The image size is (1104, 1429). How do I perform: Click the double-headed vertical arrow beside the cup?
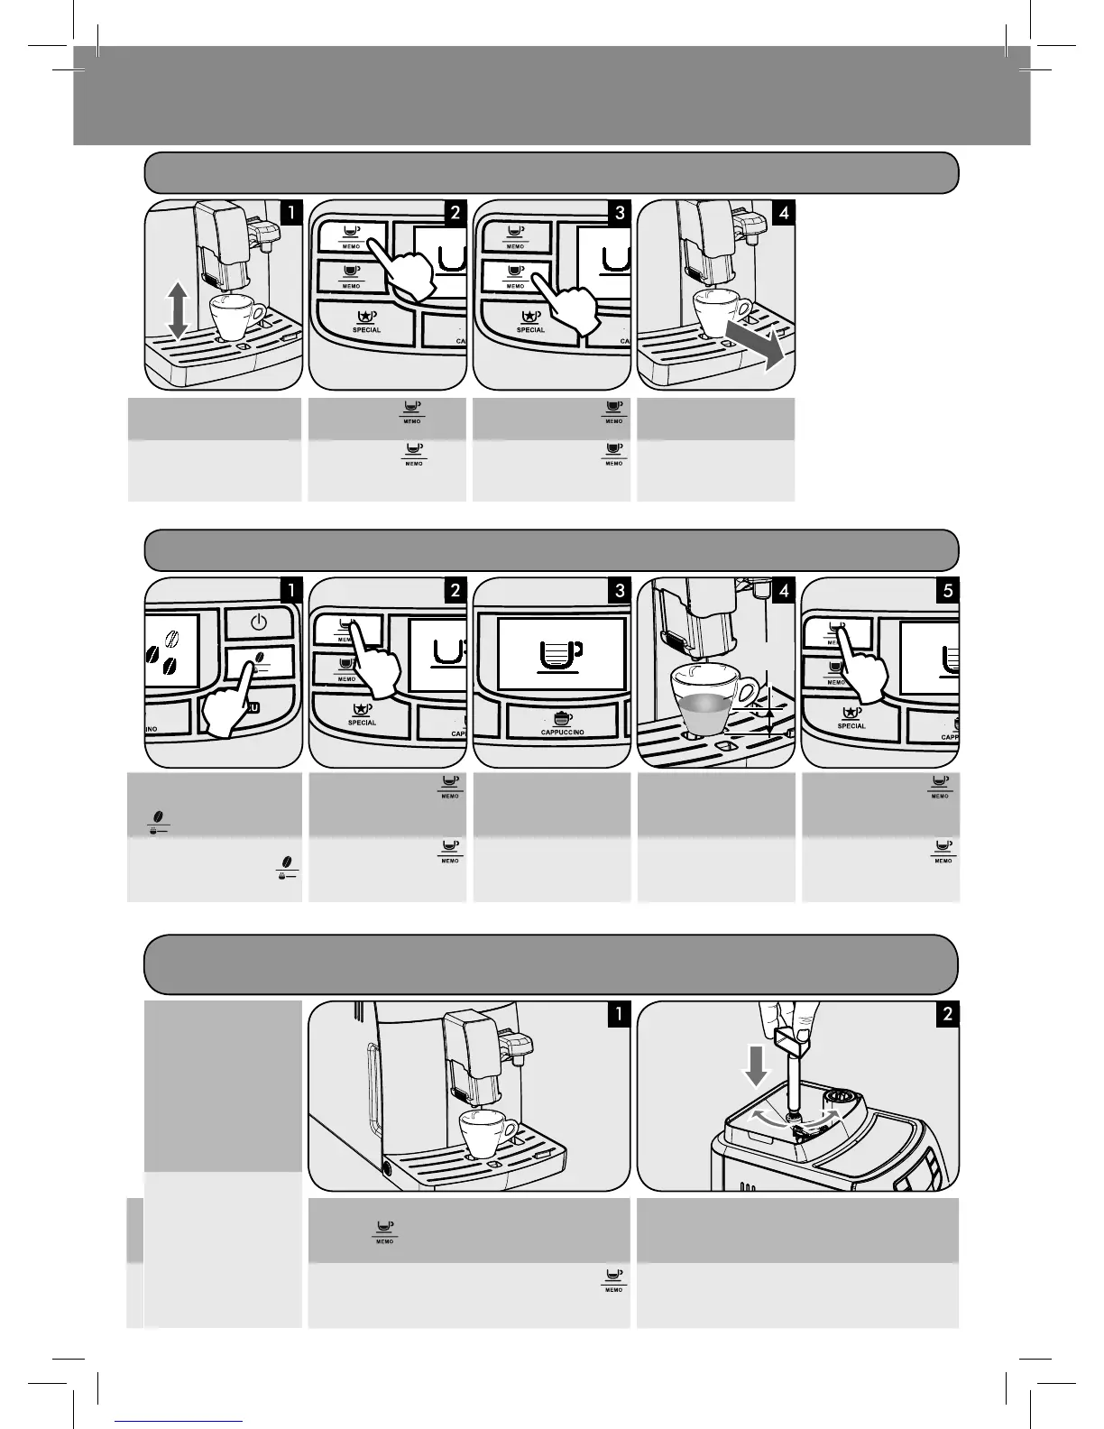pyautogui.click(x=179, y=309)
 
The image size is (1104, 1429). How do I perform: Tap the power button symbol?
pyautogui.click(x=259, y=622)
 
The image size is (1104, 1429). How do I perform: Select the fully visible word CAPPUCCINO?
pyautogui.click(x=562, y=732)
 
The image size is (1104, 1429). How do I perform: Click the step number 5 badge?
pyautogui.click(x=948, y=591)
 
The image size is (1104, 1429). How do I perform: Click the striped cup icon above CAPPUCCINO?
pyautogui.click(x=562, y=718)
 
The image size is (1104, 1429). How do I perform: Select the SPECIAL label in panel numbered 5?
pyautogui.click(x=851, y=726)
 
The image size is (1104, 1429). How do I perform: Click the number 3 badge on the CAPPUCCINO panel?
pyautogui.click(x=620, y=591)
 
